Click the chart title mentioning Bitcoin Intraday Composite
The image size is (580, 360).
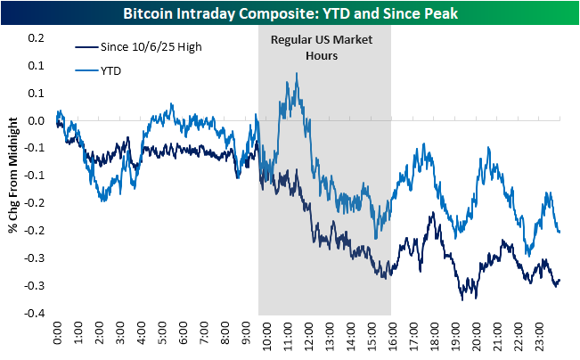(x=290, y=11)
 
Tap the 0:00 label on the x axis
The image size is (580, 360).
(x=58, y=336)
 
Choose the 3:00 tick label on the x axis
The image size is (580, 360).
(x=120, y=336)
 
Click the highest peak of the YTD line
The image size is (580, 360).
(x=296, y=74)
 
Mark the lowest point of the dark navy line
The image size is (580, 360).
(x=462, y=299)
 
